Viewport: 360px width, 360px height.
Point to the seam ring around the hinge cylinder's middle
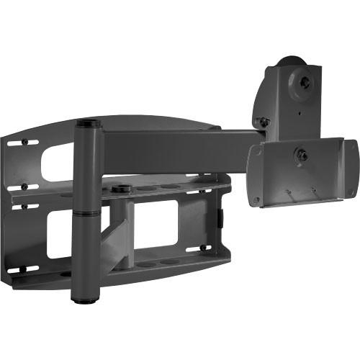(x=86, y=212)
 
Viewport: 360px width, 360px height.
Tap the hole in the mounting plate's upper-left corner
(x=256, y=152)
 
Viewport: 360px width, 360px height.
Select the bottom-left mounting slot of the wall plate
(x=27, y=269)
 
